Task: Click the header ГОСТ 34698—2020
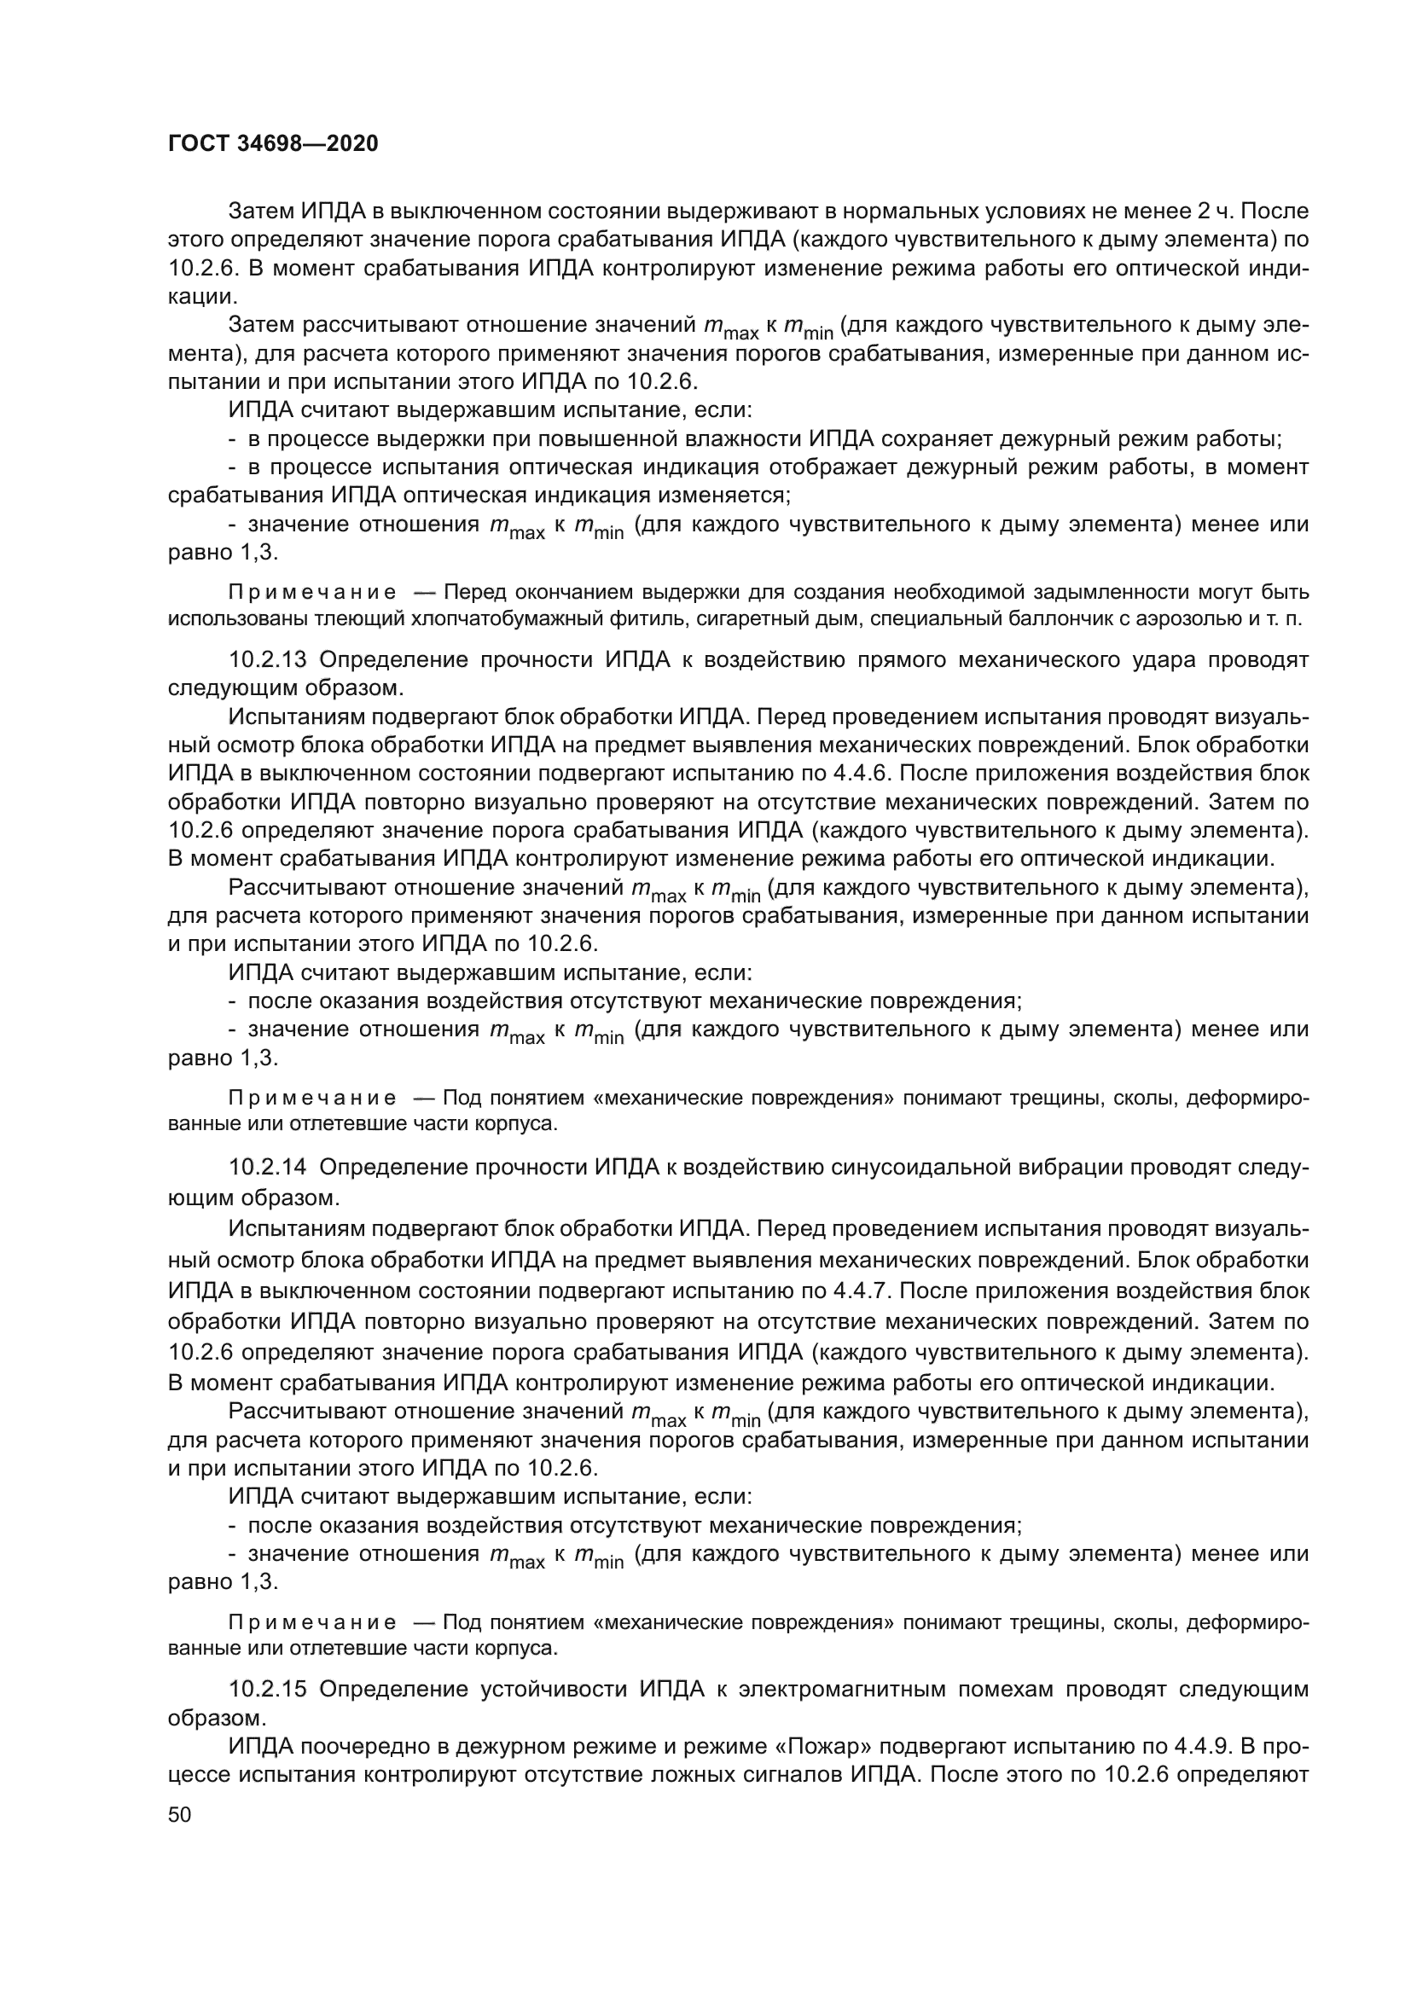[273, 143]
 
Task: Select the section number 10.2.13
[268, 659]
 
